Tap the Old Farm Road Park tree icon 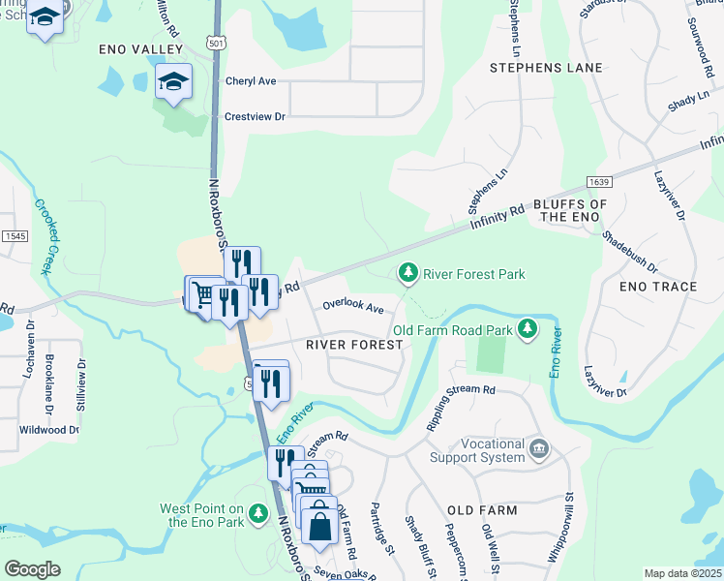(x=528, y=330)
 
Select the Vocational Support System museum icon (x=539, y=449)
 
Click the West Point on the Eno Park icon (x=257, y=513)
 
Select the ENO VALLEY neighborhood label (x=140, y=48)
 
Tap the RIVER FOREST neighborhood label (x=353, y=345)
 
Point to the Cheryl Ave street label (x=252, y=82)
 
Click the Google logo (x=32, y=569)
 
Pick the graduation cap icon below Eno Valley (x=173, y=81)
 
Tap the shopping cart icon (x=203, y=292)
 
